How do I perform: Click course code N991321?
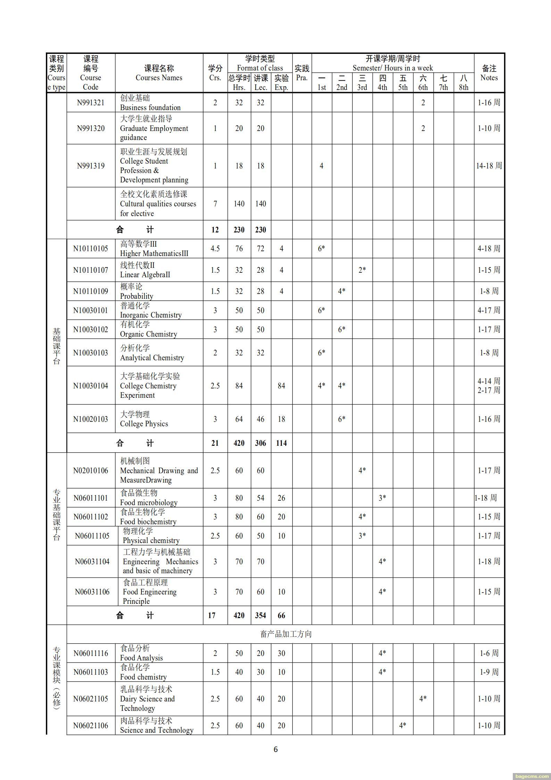click(91, 102)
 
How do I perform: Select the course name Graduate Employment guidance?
click(154, 128)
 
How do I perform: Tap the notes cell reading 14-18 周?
click(489, 166)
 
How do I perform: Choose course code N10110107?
click(91, 270)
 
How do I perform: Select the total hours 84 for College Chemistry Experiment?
click(239, 386)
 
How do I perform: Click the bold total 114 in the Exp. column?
click(281, 443)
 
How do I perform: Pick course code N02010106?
click(91, 470)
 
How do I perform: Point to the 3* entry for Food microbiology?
click(382, 498)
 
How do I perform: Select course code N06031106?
click(92, 592)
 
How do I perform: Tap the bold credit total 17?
click(212, 615)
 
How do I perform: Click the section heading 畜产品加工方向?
click(286, 634)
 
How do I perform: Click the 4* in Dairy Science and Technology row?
click(423, 698)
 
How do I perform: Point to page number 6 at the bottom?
click(276, 749)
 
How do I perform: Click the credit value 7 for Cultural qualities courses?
click(215, 204)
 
